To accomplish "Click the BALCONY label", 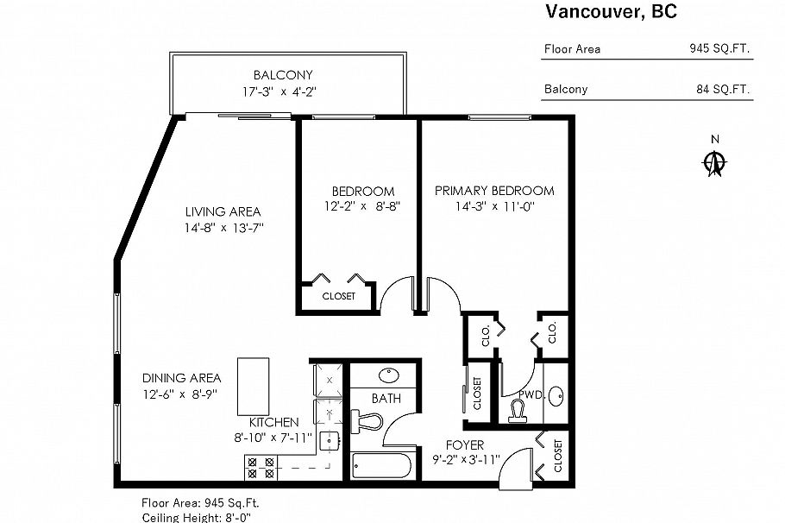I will click(x=282, y=75).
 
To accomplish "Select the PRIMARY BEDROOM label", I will click(x=493, y=191).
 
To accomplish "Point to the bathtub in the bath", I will click(x=380, y=467).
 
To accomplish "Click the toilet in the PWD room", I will click(x=519, y=409).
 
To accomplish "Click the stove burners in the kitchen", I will click(x=261, y=467).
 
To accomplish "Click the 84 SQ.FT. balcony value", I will click(x=723, y=89).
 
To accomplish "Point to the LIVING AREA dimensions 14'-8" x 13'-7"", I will click(x=223, y=228).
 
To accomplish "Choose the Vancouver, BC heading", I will click(x=610, y=12).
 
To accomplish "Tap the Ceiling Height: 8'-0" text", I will click(x=196, y=517).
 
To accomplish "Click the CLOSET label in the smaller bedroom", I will click(x=338, y=296).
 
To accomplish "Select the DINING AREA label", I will click(x=181, y=378).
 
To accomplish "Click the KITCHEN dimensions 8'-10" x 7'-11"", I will click(x=273, y=438).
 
